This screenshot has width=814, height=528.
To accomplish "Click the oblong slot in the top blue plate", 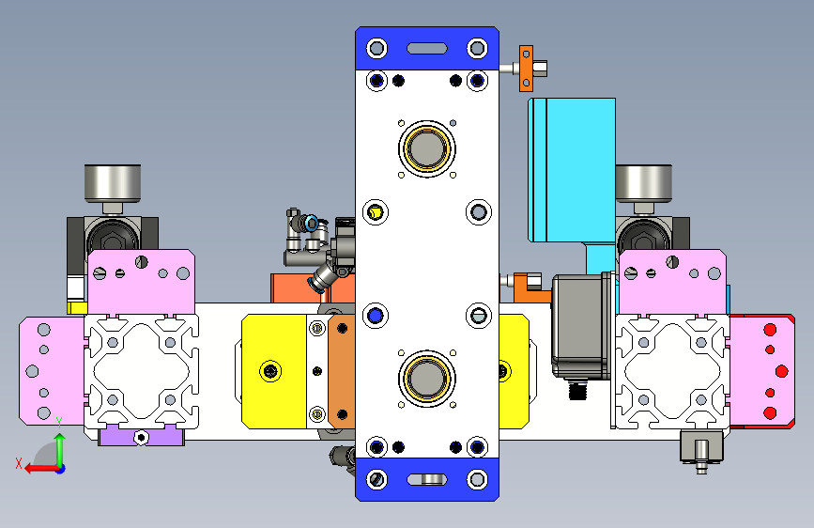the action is [427, 48].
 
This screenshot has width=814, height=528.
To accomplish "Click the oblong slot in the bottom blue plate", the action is [427, 479].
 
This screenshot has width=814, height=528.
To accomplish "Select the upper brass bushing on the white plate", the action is [427, 148].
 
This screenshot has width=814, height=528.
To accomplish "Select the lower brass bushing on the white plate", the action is [427, 379].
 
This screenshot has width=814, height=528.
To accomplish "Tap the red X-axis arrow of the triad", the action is [41, 469].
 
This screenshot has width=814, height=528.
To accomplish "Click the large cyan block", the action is [572, 170].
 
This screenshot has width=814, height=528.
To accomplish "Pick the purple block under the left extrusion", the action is [141, 436].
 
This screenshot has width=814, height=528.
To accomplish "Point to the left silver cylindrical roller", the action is [112, 183].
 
